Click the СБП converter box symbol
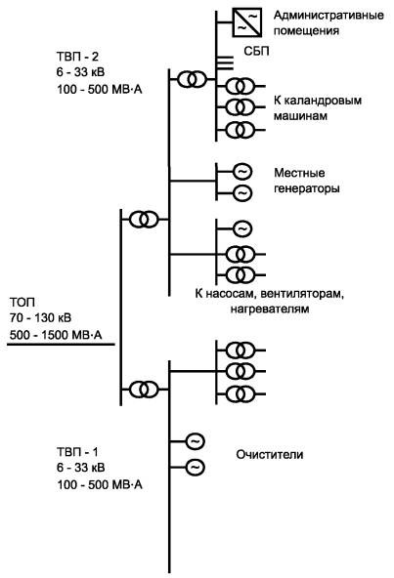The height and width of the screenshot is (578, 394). tap(247, 22)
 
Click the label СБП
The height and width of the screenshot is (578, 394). tap(256, 51)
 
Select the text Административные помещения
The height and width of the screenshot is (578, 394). tap(328, 22)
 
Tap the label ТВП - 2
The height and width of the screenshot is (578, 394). tap(77, 57)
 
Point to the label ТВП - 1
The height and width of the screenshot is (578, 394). tap(77, 451)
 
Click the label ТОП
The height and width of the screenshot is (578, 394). tap(22, 303)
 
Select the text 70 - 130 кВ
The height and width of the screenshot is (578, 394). tap(41, 317)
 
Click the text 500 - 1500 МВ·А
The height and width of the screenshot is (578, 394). tap(56, 335)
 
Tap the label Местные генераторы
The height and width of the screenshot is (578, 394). tap(306, 181)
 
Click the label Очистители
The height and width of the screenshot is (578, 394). tap(270, 455)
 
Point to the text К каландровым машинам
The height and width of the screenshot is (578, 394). tap(318, 108)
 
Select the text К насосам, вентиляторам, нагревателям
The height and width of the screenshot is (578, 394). tap(270, 301)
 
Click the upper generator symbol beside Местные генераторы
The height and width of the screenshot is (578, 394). tap(242, 172)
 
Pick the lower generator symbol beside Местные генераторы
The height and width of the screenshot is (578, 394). tap(242, 192)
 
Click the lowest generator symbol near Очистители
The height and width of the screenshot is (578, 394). tap(195, 468)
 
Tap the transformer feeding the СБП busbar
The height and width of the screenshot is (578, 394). tap(192, 79)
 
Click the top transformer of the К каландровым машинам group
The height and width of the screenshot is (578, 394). tap(241, 86)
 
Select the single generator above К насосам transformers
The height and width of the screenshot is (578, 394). tap(242, 228)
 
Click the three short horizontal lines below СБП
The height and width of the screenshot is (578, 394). tap(225, 63)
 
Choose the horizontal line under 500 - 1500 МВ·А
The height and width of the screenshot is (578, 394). tap(62, 345)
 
